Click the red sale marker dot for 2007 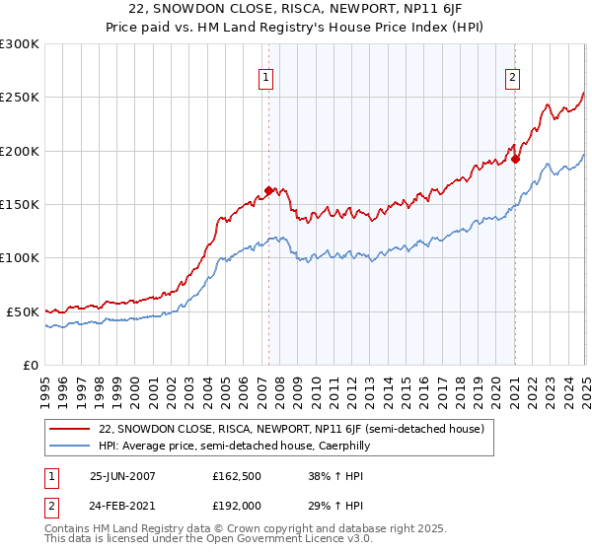[268, 191]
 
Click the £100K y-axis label [20, 257]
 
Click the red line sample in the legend [71, 430]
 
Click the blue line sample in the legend [71, 446]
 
